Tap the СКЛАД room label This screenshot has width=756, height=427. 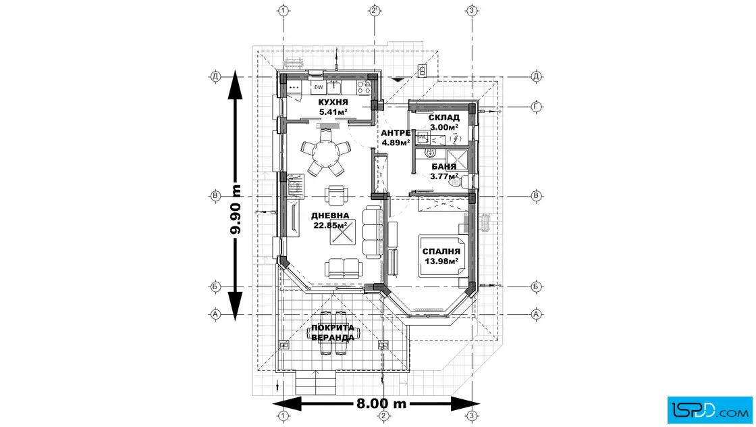(x=443, y=118)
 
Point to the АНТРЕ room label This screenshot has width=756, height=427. (x=396, y=133)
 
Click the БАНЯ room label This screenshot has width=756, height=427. (x=443, y=167)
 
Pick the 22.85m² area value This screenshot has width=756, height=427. (x=330, y=226)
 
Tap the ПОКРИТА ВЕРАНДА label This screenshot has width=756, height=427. (x=332, y=332)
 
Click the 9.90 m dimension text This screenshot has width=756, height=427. (x=236, y=209)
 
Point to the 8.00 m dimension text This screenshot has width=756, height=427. (x=381, y=404)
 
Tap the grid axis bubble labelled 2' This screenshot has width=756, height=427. (x=375, y=10)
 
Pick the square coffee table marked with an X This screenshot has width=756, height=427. (x=342, y=235)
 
